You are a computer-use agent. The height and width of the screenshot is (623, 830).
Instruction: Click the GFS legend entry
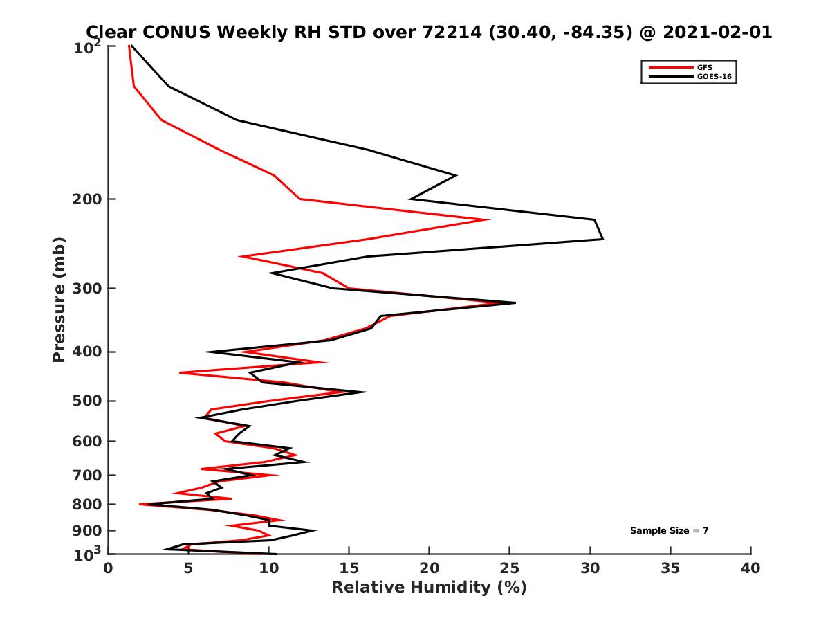tap(705, 67)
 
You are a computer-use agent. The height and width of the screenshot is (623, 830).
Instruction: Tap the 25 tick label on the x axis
tap(509, 569)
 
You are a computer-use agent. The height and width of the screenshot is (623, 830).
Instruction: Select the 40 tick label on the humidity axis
tap(750, 569)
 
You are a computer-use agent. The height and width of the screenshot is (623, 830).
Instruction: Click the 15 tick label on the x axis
tap(349, 569)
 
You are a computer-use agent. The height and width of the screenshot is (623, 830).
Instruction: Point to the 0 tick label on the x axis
tap(109, 569)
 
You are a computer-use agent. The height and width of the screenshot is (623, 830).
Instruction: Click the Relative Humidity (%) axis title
tap(429, 588)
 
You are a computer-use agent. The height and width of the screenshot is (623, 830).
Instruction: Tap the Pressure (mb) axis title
tap(59, 300)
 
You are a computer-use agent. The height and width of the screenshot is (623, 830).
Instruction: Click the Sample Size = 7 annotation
tap(669, 531)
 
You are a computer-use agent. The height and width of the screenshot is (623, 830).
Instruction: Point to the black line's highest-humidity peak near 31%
tap(602, 239)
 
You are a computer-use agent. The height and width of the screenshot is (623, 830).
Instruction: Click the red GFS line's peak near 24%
tap(489, 220)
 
